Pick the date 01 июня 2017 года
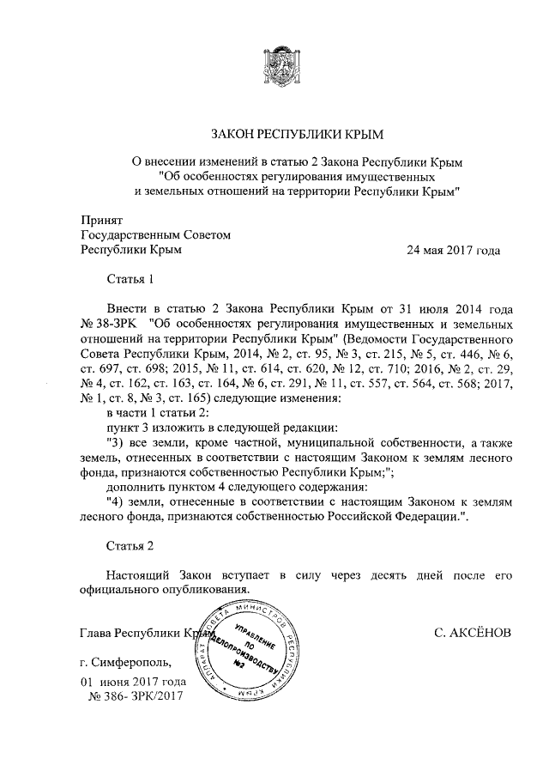(133, 681)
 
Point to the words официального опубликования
(165, 591)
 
